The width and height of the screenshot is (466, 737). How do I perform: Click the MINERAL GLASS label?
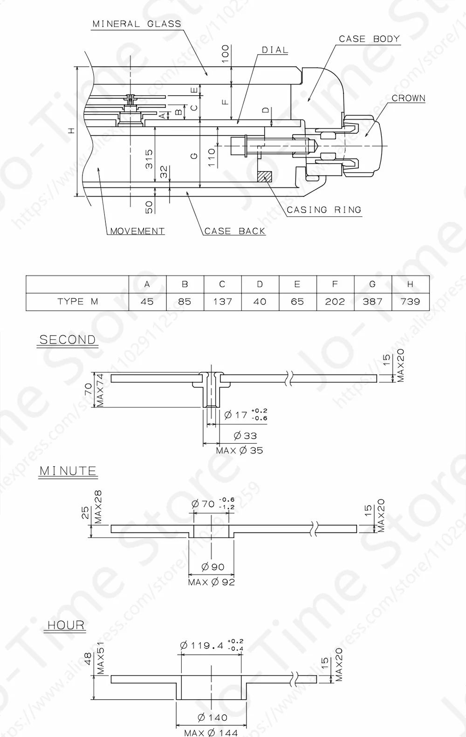coord(137,24)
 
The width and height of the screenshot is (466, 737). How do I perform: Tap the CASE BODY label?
coord(369,39)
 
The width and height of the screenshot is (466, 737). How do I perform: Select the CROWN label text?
coord(408,98)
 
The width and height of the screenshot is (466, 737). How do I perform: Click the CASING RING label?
coord(324,210)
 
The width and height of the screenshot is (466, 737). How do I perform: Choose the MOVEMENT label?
coord(137,231)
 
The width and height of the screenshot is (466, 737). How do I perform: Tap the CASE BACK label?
coord(235,231)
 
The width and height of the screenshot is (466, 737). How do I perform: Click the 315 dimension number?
coord(149,159)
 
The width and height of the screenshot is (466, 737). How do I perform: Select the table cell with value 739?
coord(410,302)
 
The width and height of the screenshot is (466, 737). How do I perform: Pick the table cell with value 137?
coord(222,302)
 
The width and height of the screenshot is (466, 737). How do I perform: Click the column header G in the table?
coord(372,284)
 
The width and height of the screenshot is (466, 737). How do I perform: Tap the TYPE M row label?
coord(77,302)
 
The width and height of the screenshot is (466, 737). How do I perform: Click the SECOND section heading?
coord(67,340)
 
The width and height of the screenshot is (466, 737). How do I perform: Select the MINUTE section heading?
coord(68,471)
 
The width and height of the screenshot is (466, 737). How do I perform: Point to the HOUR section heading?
coord(66,625)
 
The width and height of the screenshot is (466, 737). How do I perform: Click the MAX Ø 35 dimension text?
coord(240,451)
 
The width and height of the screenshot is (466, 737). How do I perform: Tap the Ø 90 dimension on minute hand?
coord(212,567)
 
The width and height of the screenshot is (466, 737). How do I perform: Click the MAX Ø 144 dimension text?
coord(211,733)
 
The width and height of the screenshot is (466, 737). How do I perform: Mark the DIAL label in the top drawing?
coord(274,50)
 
